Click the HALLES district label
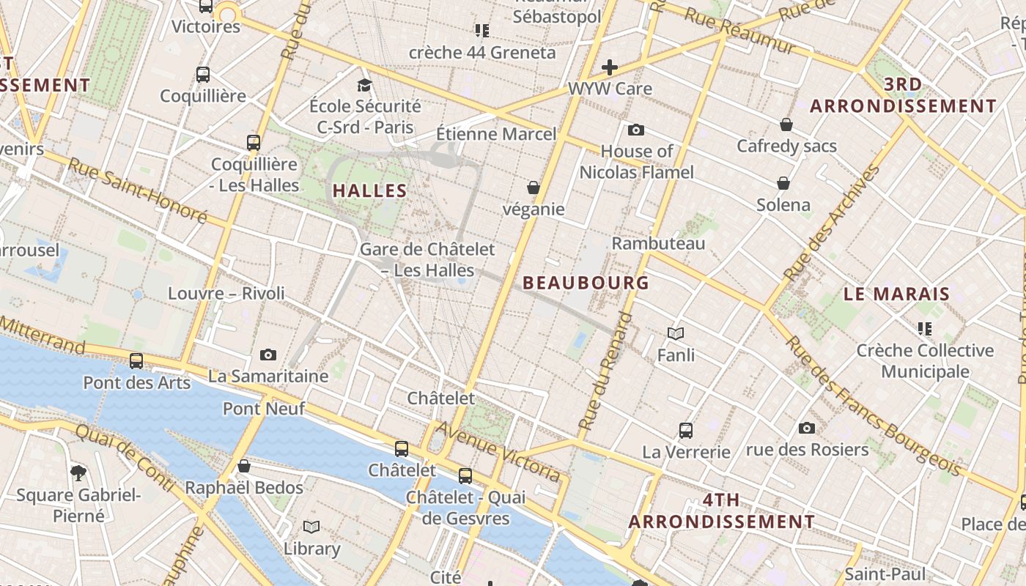[369, 191]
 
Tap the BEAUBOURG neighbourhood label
[586, 283]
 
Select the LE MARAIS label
[896, 294]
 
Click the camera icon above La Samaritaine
[268, 355]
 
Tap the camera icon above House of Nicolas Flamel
[636, 130]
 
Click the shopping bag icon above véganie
[534, 188]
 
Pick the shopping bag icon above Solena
[783, 183]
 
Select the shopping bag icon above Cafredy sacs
[786, 125]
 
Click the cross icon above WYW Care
[609, 68]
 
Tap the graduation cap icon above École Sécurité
[364, 86]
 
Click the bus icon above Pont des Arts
[136, 361]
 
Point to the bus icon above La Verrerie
[686, 431]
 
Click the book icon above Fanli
[676, 334]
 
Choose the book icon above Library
[311, 527]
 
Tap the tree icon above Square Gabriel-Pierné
[78, 473]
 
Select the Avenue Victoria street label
[499, 451]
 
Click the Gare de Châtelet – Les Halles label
[427, 260]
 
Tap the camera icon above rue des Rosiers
[807, 428]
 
